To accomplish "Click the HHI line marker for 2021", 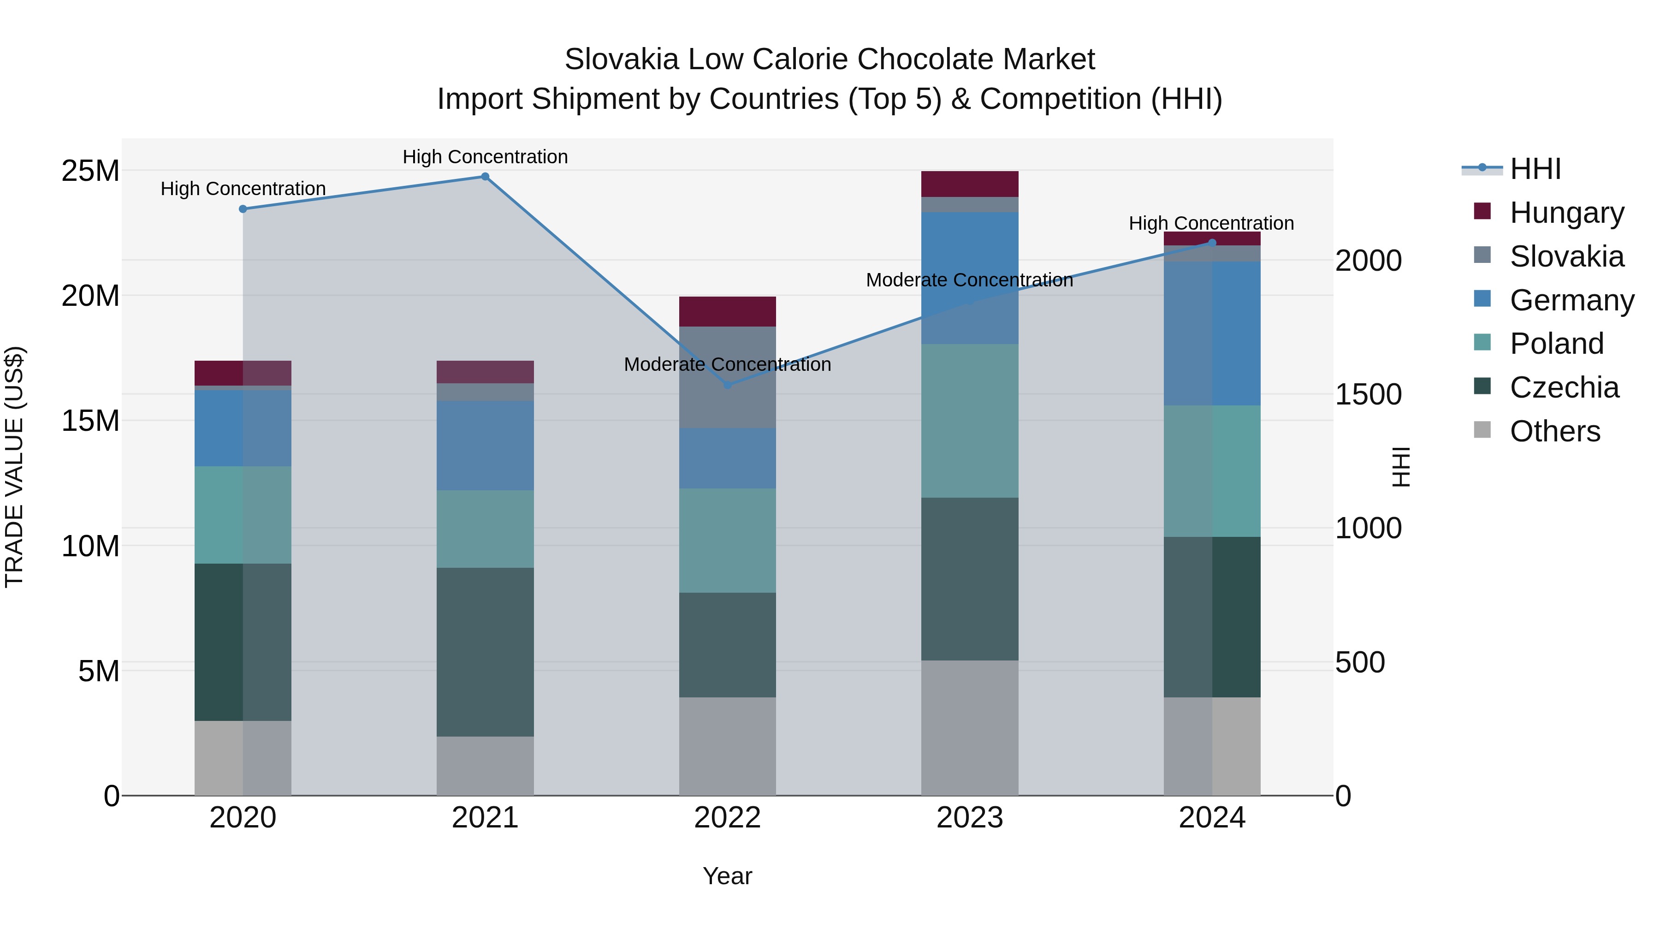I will tap(485, 177).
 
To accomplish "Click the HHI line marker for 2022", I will tap(728, 385).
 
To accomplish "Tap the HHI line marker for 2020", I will tap(243, 209).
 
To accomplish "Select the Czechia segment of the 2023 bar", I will tap(969, 578).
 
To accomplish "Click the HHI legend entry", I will tap(1535, 169).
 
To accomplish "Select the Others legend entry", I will tap(1554, 431).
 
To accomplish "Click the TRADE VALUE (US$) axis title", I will tap(14, 467).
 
